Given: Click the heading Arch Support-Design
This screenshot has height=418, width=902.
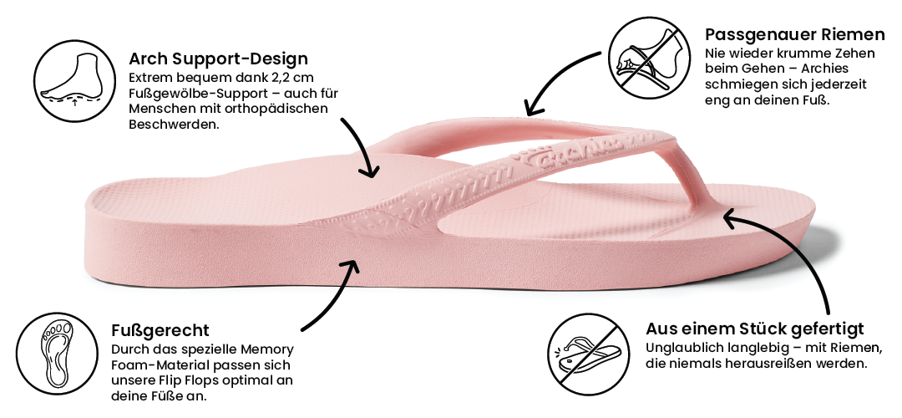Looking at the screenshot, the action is (x=218, y=59).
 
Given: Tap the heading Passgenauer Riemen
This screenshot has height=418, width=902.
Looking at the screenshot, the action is (x=794, y=34).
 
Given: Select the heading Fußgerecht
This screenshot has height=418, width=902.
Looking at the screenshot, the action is (x=160, y=330).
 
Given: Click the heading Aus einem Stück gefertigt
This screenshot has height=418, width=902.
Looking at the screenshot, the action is (x=754, y=329).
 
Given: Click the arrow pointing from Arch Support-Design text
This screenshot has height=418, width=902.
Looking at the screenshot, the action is (x=364, y=146).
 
